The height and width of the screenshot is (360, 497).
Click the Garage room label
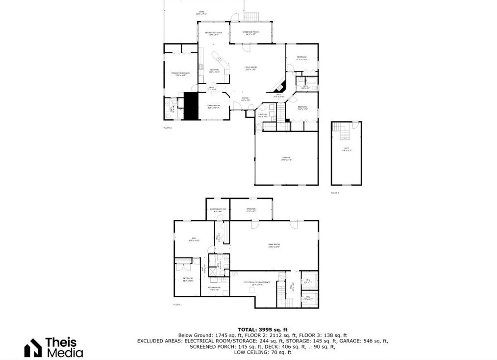[286, 159]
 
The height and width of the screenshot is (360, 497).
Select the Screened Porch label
[250, 33]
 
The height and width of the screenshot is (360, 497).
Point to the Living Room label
[250, 68]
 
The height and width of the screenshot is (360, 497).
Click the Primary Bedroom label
[180, 74]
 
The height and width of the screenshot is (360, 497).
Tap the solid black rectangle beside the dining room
[190, 106]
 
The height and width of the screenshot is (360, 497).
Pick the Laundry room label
[263, 116]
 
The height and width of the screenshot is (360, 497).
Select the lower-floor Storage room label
[250, 210]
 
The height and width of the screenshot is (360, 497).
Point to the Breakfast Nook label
[213, 33]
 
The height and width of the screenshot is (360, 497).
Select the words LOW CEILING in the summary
[243, 352]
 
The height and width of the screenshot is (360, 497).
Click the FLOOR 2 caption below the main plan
[168, 127]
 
